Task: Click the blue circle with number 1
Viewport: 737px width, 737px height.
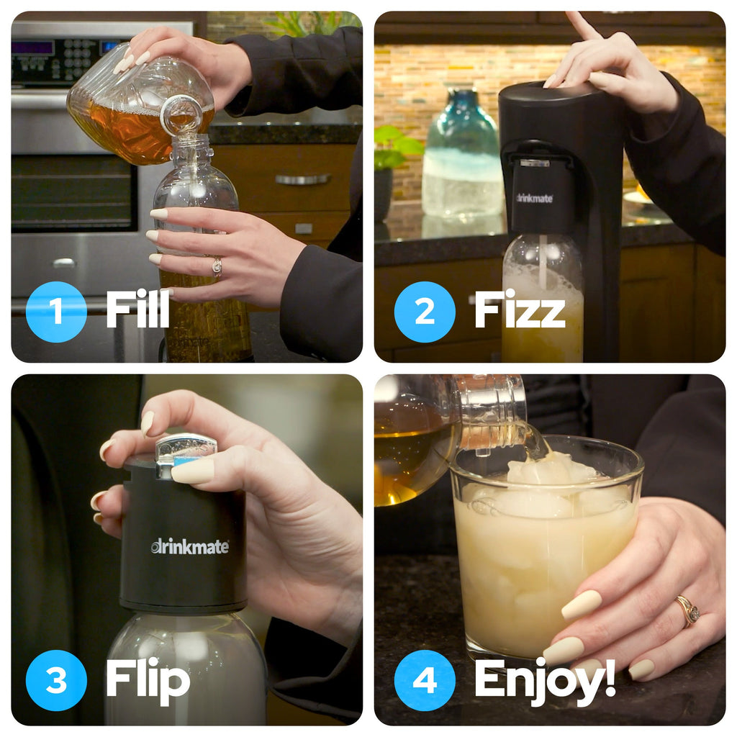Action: pyautogui.click(x=56, y=312)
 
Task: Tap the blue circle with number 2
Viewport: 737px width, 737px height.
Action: pyautogui.click(x=425, y=312)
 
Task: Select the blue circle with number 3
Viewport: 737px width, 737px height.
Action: pyautogui.click(x=56, y=680)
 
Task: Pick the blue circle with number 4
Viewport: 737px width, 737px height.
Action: pyautogui.click(x=425, y=680)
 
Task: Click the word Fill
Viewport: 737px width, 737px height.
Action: pyautogui.click(x=137, y=309)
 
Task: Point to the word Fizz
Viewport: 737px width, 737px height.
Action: pyautogui.click(x=520, y=309)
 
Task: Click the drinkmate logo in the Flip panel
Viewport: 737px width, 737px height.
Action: pyautogui.click(x=190, y=547)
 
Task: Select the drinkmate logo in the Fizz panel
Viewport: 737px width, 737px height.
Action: pyautogui.click(x=535, y=199)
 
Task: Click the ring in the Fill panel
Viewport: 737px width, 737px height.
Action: pyautogui.click(x=217, y=266)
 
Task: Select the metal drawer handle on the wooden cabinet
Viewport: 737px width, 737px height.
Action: pyautogui.click(x=303, y=179)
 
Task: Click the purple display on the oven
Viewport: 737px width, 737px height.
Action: pyautogui.click(x=32, y=48)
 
